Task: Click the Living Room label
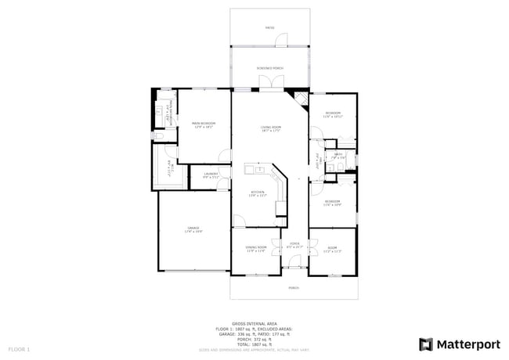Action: pos(270,128)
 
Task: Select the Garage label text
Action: pos(193,229)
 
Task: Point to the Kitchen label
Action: pos(258,193)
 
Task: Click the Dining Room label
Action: pos(256,249)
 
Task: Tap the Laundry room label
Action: pos(211,175)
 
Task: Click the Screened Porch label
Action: pos(270,69)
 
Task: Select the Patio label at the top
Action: pos(269,28)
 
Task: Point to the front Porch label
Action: pos(294,287)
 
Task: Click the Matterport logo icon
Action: pos(426,344)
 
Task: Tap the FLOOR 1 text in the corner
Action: pos(19,347)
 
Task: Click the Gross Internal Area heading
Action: pos(254,322)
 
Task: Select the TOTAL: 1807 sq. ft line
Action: pos(254,344)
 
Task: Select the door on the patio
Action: pos(287,38)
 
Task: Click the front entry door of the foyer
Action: pos(294,267)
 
